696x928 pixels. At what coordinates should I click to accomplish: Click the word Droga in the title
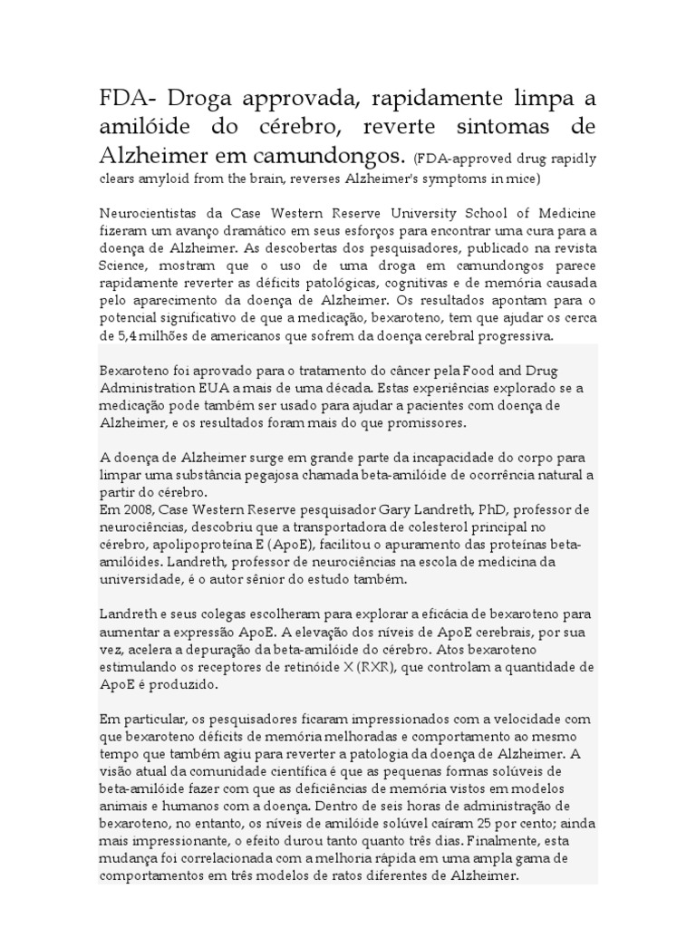[198, 98]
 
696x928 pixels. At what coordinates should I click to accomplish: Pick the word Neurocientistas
[150, 214]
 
